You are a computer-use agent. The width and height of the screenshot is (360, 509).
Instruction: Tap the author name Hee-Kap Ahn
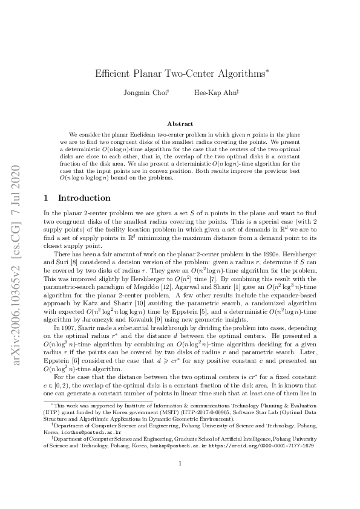coord(214,93)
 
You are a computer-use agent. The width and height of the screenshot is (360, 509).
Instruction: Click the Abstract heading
coord(180,123)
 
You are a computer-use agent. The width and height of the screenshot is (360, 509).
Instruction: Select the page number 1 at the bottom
coord(180,481)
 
